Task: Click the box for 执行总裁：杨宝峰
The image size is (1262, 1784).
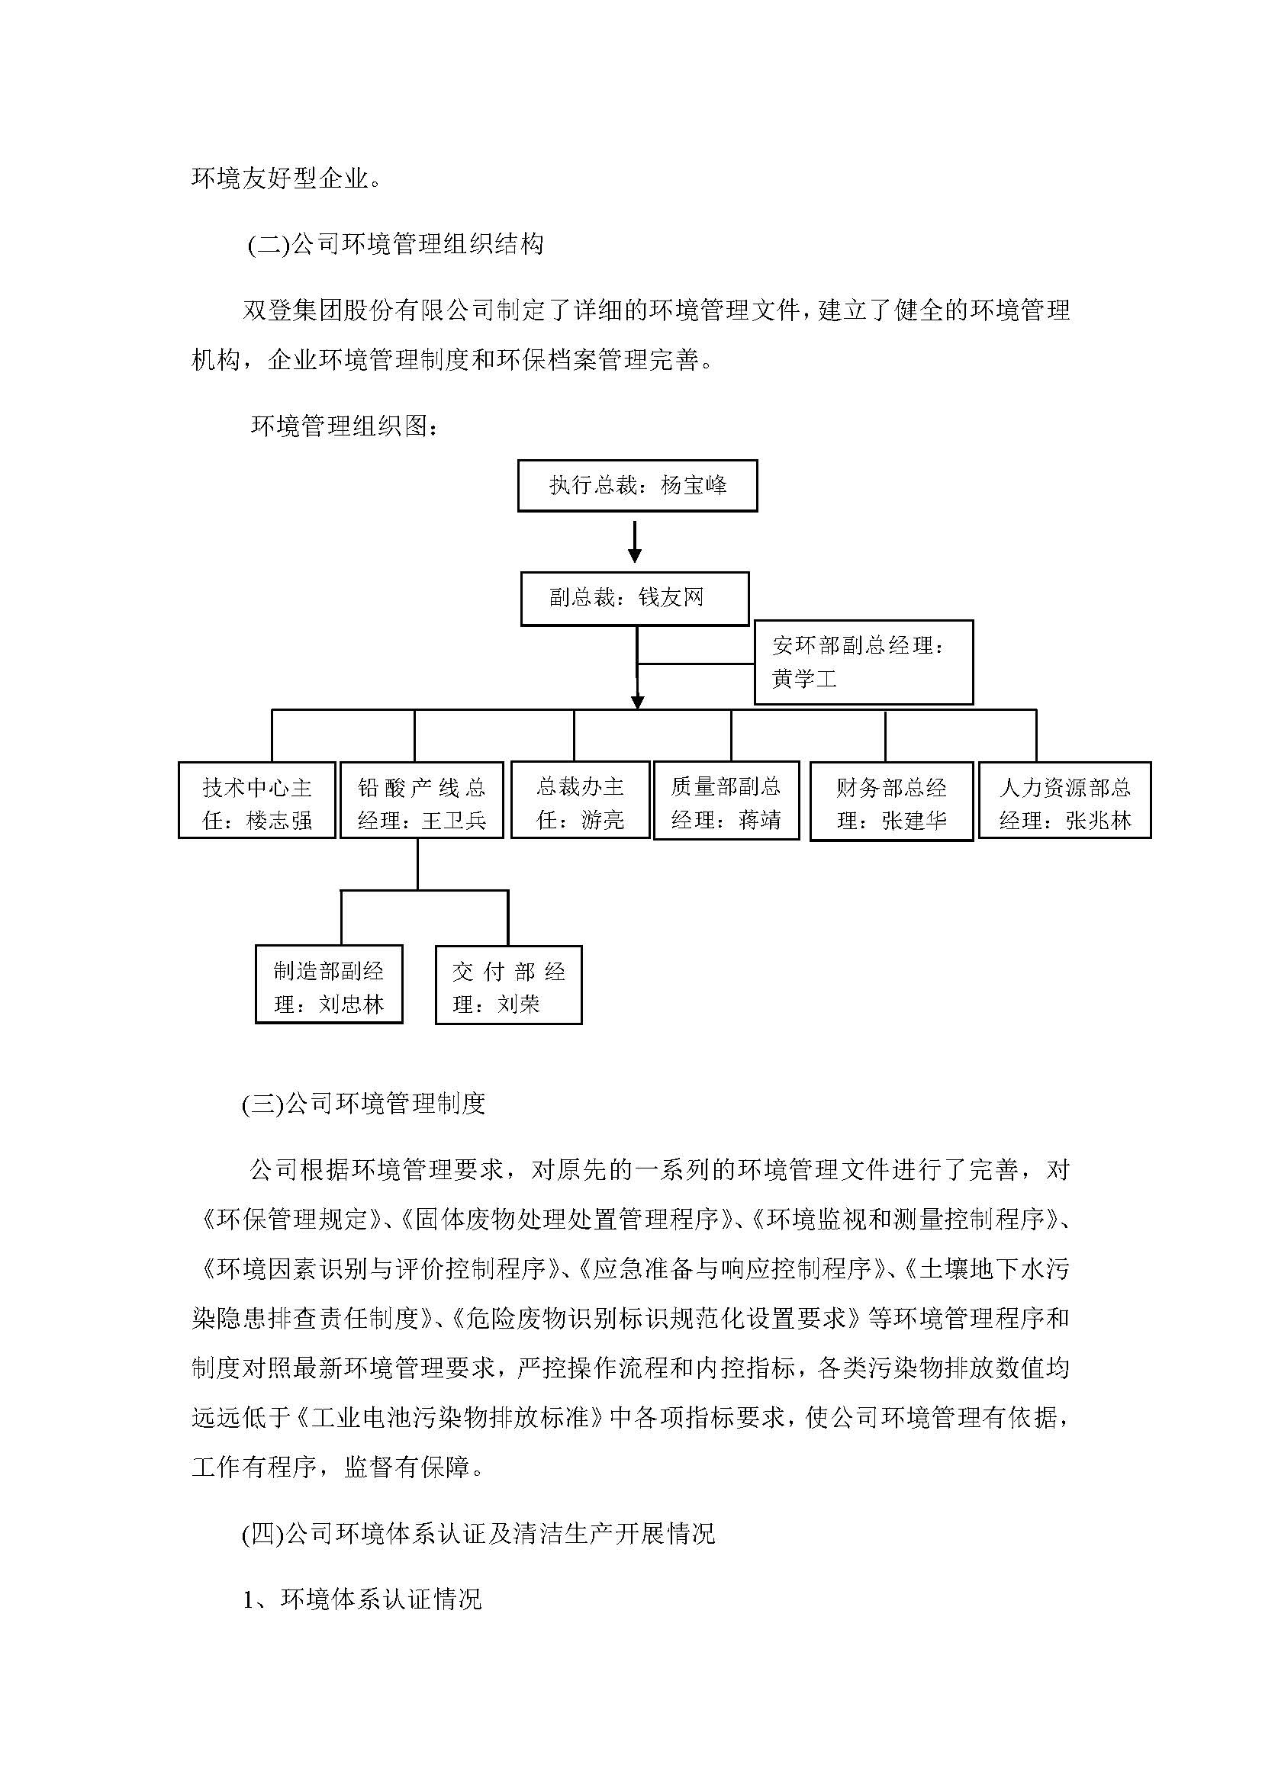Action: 637,486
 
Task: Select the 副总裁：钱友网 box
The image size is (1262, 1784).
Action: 634,598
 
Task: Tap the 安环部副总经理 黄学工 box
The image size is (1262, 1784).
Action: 863,662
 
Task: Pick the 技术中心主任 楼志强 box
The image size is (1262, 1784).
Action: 256,800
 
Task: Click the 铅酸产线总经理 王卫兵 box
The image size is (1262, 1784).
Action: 421,800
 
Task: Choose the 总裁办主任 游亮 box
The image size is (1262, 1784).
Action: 580,800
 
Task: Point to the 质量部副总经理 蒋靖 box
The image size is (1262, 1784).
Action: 726,800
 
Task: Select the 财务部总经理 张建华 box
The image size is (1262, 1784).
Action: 891,801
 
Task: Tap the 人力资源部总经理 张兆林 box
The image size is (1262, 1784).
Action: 1064,800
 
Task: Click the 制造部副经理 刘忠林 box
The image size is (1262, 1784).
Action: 329,985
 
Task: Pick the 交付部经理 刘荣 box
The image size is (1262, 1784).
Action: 508,985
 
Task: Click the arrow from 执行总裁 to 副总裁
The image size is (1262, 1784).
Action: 635,542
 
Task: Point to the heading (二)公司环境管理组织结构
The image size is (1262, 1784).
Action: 394,245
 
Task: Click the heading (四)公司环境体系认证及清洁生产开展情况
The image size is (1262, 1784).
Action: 478,1534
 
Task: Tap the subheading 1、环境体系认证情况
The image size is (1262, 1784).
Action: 362,1600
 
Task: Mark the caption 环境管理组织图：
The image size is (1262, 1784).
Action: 344,426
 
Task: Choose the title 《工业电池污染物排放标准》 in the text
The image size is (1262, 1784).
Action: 451,1418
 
